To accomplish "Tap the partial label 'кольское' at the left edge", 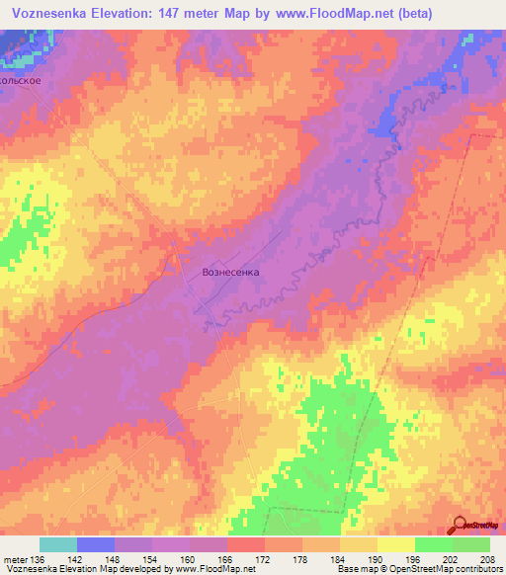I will (21, 80).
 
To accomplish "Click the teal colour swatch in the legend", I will (58, 544).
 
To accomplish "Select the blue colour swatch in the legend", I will (96, 544).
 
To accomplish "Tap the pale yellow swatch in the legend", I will (396, 544).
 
